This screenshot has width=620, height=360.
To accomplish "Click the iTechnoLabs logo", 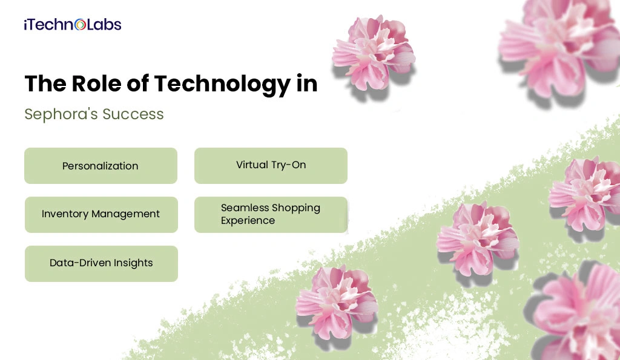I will point(73,25).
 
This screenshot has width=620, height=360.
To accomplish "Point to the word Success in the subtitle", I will point(136,114).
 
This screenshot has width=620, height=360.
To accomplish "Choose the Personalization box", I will point(101,166).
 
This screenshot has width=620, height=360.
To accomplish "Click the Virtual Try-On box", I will point(271,165).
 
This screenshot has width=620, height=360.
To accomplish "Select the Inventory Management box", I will point(101,214).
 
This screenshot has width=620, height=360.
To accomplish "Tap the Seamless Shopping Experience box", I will point(271,214).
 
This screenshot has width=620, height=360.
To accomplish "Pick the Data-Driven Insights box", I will point(101,263).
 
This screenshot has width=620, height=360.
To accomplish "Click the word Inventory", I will point(65,214).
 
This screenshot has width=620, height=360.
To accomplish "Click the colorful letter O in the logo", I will point(81,25).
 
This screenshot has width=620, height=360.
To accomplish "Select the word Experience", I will point(248,221).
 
